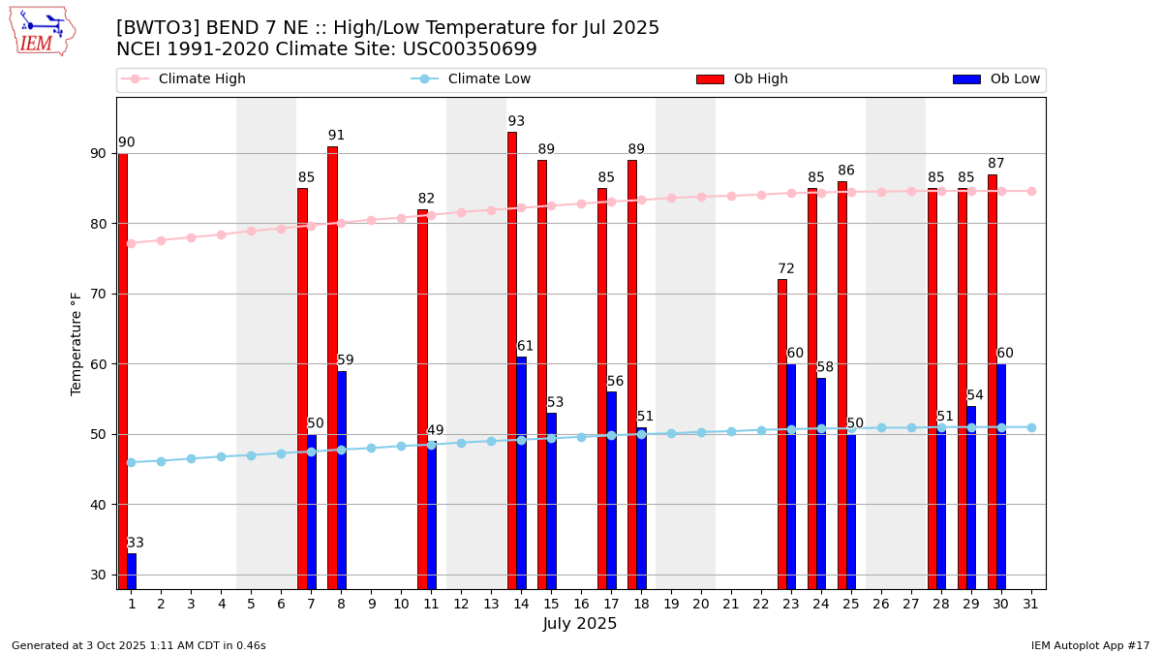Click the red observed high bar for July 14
click(x=512, y=358)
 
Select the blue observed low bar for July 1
click(x=132, y=571)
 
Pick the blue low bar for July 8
click(x=341, y=480)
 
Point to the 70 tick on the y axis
click(x=98, y=294)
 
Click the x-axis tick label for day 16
click(x=581, y=604)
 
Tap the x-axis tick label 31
click(x=1030, y=604)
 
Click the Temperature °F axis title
click(x=76, y=343)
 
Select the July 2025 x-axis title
click(x=580, y=624)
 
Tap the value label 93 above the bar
click(x=516, y=121)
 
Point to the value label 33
click(x=136, y=543)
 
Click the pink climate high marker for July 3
click(x=191, y=237)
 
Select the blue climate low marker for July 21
click(x=731, y=431)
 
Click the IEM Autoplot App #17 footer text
click(x=1090, y=645)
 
